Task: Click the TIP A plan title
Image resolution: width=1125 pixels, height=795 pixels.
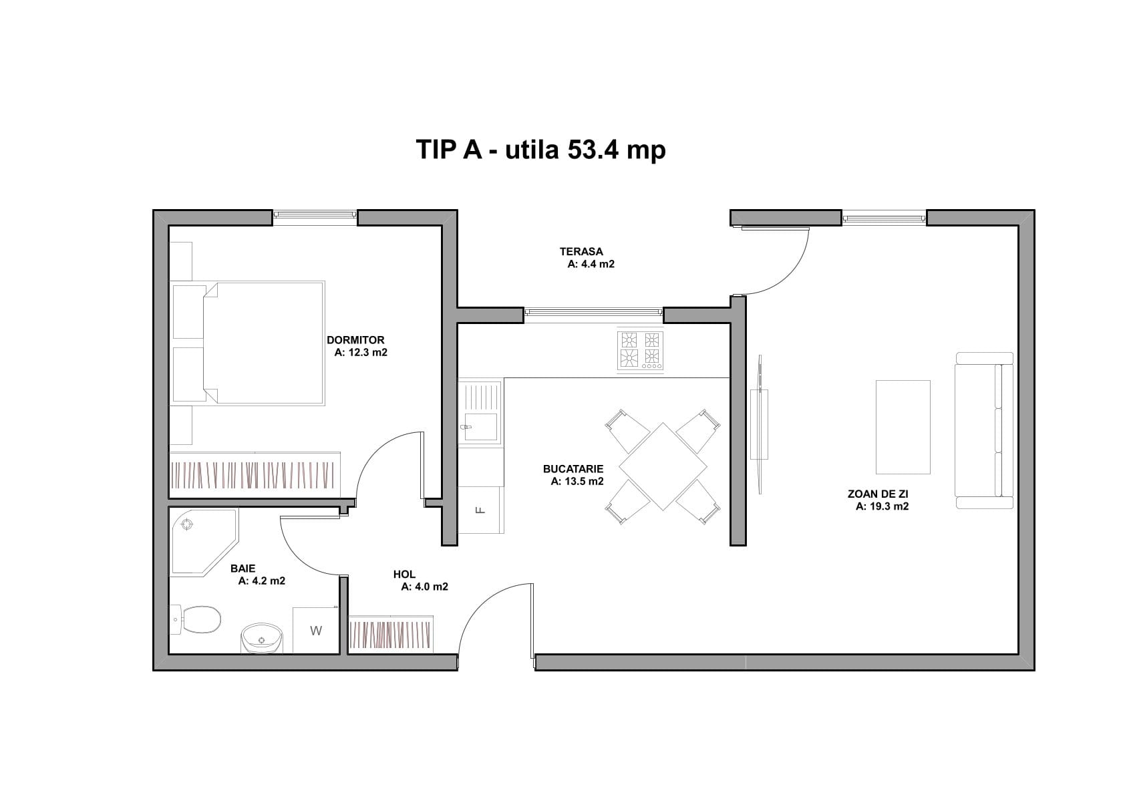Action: (541, 149)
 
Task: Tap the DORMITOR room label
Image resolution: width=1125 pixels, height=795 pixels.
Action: (355, 340)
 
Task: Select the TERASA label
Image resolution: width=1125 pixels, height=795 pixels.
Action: (581, 252)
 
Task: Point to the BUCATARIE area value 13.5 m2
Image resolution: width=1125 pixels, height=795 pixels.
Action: (577, 481)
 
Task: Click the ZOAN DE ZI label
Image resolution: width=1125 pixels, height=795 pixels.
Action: (878, 494)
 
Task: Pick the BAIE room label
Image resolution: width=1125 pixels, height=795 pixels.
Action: (243, 569)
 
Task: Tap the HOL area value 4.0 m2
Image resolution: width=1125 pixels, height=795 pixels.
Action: (424, 587)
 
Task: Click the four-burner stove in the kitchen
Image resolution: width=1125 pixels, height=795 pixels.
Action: (641, 351)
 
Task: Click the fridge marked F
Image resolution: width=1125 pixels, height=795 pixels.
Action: (480, 510)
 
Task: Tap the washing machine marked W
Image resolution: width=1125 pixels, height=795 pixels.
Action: (316, 630)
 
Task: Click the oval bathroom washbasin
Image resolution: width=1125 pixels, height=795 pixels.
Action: (262, 638)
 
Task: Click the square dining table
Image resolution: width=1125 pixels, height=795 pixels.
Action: (663, 466)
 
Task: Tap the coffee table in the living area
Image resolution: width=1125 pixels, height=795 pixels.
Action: (903, 427)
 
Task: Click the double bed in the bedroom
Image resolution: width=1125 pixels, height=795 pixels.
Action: (249, 343)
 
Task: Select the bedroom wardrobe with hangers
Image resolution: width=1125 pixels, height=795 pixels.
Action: (255, 475)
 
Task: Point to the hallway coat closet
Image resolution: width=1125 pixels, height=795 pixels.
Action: (391, 634)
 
